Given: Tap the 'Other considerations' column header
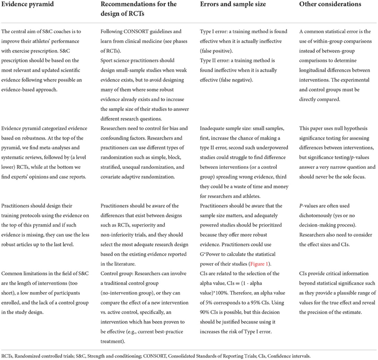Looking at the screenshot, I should (x=330, y=4).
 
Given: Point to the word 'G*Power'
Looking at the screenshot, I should (x=211, y=254).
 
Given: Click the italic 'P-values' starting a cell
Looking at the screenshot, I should (x=309, y=206).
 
